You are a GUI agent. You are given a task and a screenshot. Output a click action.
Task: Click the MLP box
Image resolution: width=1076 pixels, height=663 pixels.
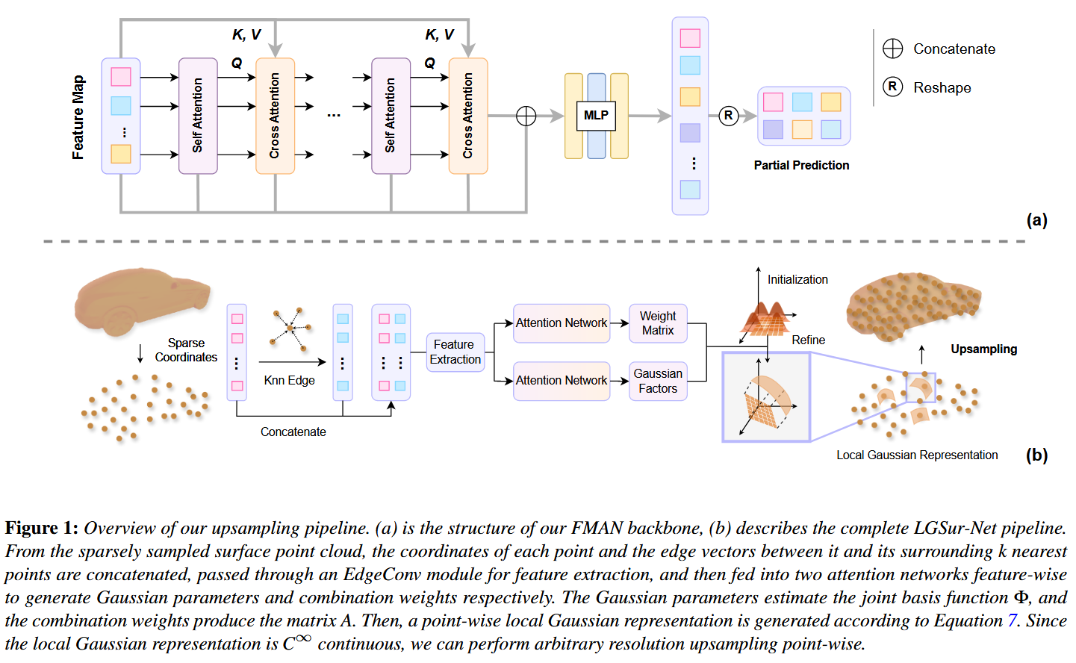(596, 116)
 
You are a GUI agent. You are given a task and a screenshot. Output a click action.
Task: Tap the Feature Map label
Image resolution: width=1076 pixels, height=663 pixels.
(78, 117)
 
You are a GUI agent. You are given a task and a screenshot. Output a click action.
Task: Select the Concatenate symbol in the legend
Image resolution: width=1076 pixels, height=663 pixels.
(893, 49)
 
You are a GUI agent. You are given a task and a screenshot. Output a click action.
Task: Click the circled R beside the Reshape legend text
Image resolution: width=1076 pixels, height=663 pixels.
(893, 87)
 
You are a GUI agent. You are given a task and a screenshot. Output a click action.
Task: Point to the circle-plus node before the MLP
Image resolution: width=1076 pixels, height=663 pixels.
(526, 116)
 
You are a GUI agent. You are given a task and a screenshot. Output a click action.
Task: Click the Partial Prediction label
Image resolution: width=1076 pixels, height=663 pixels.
(801, 165)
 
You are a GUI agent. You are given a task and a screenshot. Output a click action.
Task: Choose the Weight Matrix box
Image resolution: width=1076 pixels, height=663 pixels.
(658, 323)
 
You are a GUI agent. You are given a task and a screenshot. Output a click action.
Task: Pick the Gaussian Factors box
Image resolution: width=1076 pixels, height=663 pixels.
(658, 381)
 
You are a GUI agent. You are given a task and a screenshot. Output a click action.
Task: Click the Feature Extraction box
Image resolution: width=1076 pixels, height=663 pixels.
(455, 352)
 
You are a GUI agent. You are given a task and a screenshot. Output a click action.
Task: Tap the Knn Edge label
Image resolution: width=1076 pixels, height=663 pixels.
(289, 380)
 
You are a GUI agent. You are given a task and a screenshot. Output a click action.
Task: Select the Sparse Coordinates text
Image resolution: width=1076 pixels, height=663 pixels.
(186, 350)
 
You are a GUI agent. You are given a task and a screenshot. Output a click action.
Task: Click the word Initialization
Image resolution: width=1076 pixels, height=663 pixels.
(797, 279)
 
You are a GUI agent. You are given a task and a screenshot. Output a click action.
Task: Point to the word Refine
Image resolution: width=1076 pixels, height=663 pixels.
(809, 340)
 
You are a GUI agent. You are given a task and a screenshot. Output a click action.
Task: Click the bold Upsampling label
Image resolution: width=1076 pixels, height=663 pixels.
(983, 349)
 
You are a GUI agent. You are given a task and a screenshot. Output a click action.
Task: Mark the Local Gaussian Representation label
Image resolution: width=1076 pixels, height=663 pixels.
(917, 455)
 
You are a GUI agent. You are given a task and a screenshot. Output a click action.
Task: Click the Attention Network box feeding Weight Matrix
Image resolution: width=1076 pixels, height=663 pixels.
(562, 323)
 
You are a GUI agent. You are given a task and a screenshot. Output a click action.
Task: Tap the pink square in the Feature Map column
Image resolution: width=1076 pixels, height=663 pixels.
(121, 77)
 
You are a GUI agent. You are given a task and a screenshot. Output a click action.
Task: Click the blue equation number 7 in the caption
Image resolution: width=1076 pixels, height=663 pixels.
(1013, 620)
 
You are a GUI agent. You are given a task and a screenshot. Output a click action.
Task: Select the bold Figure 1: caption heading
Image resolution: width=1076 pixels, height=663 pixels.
(41, 528)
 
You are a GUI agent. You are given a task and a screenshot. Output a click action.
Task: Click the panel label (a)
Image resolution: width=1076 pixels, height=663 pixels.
(1036, 220)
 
